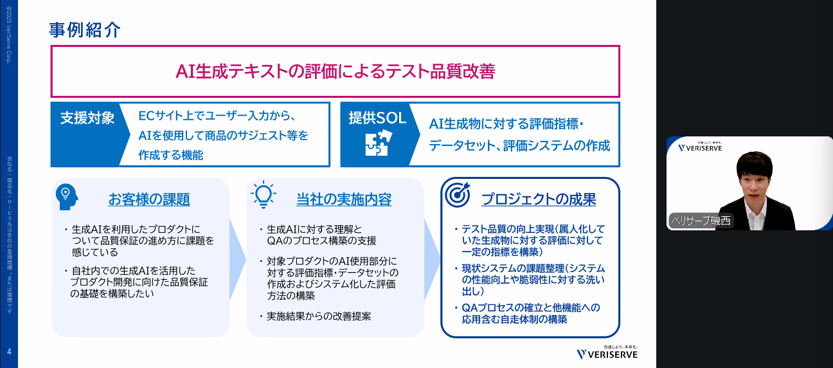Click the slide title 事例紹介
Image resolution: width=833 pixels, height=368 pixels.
[85, 30]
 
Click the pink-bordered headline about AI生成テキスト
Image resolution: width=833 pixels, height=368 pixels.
[335, 71]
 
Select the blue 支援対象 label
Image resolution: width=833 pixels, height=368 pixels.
[87, 118]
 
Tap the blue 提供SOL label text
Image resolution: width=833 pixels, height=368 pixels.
[377, 118]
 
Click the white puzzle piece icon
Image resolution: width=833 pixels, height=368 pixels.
[377, 144]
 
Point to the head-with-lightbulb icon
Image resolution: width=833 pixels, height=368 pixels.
[67, 195]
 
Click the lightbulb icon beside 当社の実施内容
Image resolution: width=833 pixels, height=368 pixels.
[264, 194]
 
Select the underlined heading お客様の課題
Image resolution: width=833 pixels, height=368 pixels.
[149, 199]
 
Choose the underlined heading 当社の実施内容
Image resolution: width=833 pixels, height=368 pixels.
[344, 199]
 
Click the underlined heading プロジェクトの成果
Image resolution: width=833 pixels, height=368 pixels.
[539, 199]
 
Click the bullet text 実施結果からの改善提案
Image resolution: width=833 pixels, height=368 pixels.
[319, 317]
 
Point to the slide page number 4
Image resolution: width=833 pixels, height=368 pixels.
[9, 351]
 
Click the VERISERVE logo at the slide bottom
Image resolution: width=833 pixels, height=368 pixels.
[607, 353]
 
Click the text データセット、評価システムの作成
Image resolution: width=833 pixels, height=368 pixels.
[519, 146]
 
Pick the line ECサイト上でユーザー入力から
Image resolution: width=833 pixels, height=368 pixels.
[217, 117]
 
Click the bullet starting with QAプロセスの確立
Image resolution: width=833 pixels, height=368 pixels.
[531, 313]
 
